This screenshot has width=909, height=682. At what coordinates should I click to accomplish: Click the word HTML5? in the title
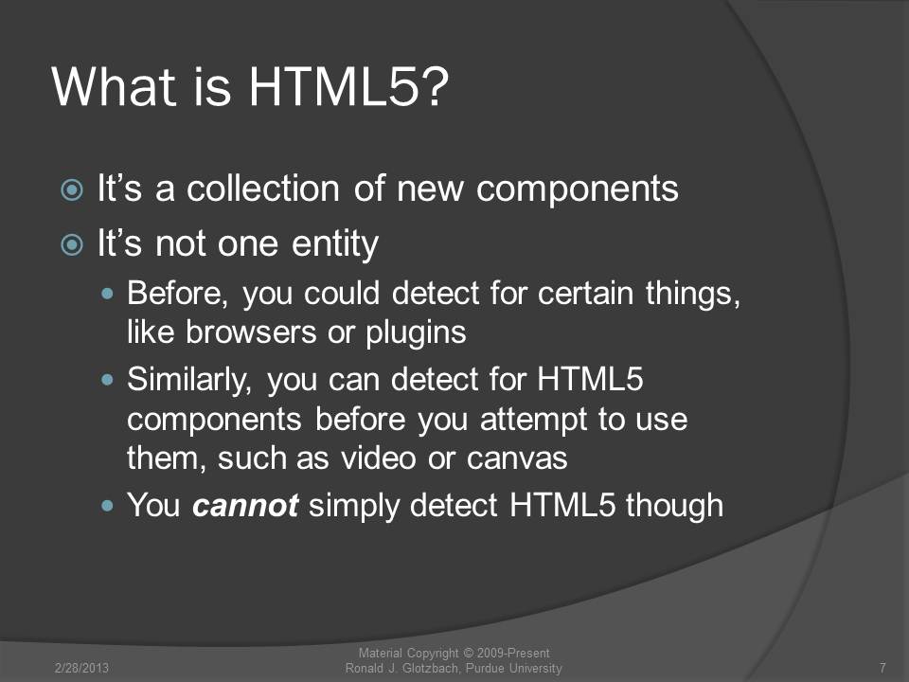348,86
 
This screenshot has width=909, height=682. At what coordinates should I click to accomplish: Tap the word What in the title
114,86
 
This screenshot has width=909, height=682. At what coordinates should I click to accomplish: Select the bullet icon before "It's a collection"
72,189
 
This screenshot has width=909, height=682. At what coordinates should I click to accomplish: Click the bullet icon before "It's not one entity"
72,244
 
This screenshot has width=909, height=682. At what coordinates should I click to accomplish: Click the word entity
335,243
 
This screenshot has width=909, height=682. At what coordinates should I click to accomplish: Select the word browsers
250,332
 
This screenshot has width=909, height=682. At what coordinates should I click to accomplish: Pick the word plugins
416,333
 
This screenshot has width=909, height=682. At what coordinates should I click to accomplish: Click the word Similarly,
189,380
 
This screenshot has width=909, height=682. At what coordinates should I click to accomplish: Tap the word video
378,458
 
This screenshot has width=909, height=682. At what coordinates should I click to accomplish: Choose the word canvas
517,458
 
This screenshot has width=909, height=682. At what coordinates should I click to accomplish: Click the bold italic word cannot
245,505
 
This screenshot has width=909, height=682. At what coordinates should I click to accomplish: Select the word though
674,505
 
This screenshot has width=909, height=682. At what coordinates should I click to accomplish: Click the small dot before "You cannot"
107,505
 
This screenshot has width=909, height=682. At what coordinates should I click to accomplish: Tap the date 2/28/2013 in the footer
81,668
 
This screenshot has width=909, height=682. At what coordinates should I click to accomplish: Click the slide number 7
882,668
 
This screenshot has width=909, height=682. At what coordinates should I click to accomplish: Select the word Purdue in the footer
485,668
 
